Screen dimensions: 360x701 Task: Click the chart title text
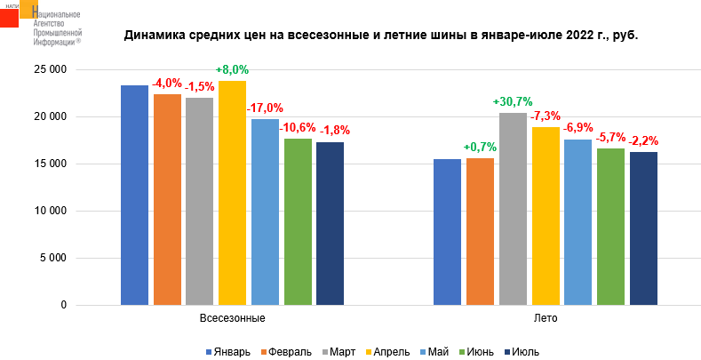coord(381,36)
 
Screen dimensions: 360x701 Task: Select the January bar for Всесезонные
coord(134,195)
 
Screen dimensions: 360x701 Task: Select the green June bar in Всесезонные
coord(298,221)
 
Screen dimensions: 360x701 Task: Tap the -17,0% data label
coord(265,108)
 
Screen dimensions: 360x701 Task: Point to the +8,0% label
coord(232,70)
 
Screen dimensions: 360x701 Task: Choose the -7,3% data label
coord(546,116)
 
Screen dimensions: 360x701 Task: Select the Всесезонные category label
coord(233,317)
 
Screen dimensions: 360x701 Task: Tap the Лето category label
coord(546,317)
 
